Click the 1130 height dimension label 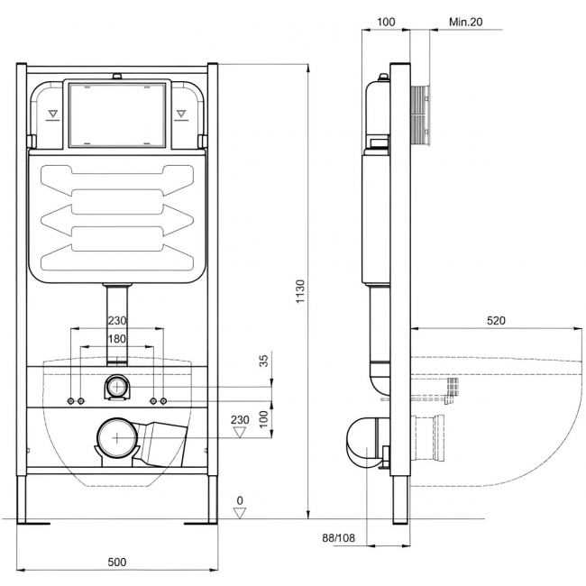300,291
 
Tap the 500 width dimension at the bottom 117,562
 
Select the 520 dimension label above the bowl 496,320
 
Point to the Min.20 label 466,22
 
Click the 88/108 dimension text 339,538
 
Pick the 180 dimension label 117,339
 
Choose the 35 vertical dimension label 264,361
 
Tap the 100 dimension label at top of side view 386,22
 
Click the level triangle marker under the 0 240,513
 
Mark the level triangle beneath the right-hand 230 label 239,433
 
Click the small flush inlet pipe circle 117,387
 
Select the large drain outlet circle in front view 117,437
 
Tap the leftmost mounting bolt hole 70,401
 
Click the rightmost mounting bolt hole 163,401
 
